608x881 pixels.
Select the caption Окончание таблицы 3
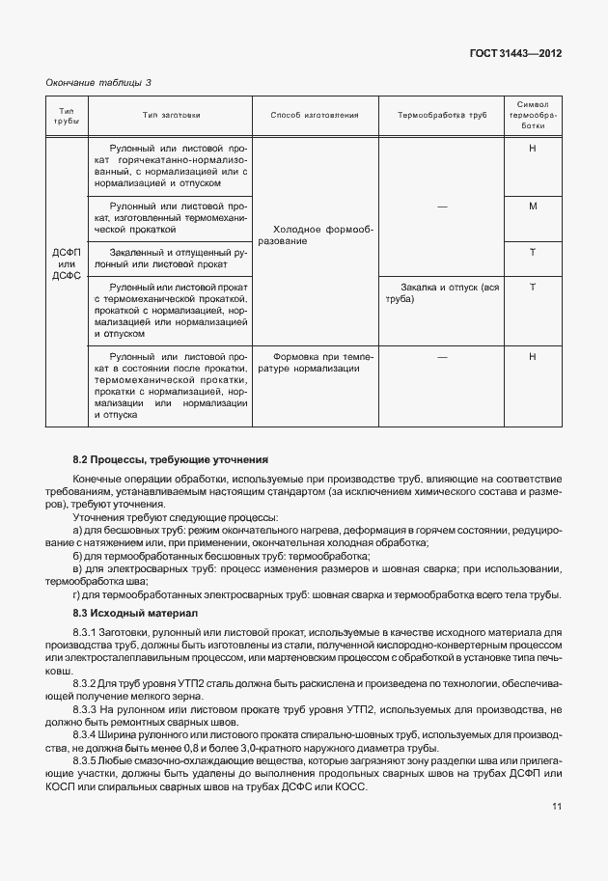(x=99, y=83)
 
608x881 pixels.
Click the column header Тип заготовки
(x=171, y=115)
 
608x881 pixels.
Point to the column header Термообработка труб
(x=442, y=115)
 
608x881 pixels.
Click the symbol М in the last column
(x=533, y=206)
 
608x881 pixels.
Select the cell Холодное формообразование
(x=315, y=234)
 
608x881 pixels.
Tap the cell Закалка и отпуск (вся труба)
(x=442, y=293)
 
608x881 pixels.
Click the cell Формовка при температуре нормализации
(x=315, y=362)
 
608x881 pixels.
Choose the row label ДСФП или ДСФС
(x=67, y=263)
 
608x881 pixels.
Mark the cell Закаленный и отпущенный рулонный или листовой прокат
(x=169, y=258)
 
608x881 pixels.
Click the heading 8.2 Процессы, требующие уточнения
(x=170, y=459)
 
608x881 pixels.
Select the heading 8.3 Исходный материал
(x=134, y=613)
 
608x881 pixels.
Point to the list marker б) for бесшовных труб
(x=77, y=557)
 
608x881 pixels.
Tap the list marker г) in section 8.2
(x=77, y=594)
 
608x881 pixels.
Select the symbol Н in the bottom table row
(x=533, y=356)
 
